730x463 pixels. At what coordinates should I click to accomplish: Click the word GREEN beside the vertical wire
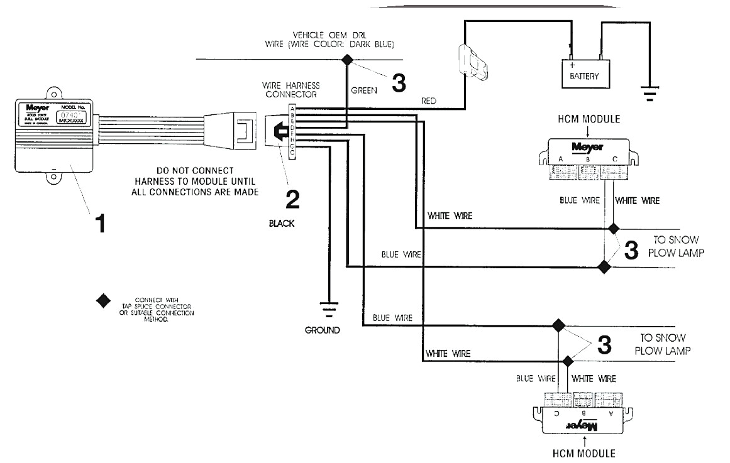(x=363, y=90)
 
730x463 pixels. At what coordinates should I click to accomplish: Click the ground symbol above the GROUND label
(x=328, y=310)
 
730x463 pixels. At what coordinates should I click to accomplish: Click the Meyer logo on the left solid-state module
(x=28, y=107)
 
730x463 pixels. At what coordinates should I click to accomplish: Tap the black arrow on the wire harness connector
(x=275, y=131)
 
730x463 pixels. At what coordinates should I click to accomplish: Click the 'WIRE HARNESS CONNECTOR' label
(x=289, y=89)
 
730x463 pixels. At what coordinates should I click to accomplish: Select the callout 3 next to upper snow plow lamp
(x=631, y=250)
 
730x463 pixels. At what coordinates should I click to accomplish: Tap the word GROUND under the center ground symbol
(x=323, y=330)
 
